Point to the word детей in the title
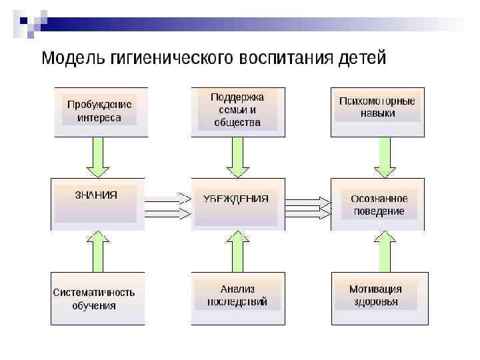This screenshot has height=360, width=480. pos(361,59)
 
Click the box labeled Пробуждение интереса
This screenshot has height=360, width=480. pos(99,111)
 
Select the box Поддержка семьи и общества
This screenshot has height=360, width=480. pos(238,111)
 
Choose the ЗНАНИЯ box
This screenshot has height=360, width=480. pos(97,203)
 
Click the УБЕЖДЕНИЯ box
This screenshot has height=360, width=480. pos(238,203)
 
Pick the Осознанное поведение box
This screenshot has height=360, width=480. pos(377,203)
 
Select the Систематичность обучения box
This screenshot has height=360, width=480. pos(97,298)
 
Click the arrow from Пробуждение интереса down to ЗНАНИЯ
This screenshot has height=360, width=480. pos(98,157)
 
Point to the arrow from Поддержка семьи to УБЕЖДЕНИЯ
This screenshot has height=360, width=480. pos(238,157)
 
